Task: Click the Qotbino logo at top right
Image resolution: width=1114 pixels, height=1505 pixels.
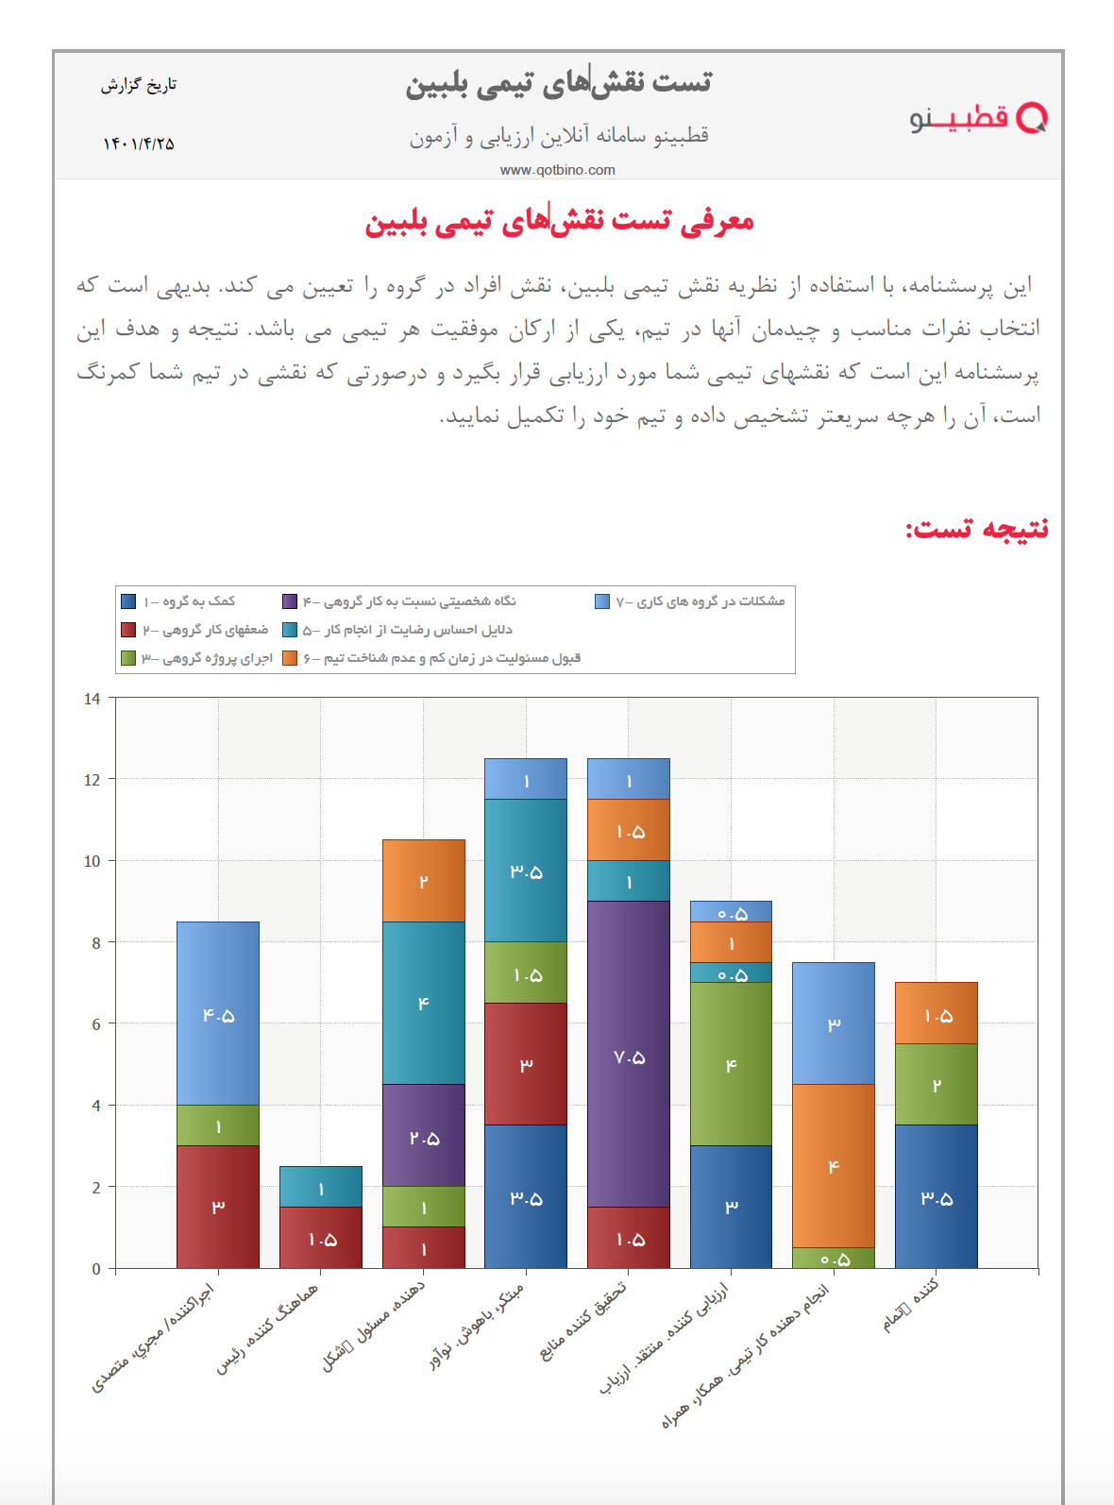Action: pos(978,118)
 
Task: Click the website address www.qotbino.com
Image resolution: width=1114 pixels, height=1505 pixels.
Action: pos(557,170)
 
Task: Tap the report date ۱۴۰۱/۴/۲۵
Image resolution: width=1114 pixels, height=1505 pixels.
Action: pos(139,144)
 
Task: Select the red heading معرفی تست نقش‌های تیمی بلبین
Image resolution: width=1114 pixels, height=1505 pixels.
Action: pos(559,222)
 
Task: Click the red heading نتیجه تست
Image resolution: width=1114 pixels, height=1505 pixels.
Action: pos(977,528)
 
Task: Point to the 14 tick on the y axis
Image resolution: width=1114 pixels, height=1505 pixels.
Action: pos(93,699)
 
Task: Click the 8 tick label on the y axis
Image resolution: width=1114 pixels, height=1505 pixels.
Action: pos(95,942)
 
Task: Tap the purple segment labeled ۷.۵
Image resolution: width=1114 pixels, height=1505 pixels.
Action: pos(629,1056)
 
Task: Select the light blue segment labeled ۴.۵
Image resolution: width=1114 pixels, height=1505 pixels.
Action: pos(218,1014)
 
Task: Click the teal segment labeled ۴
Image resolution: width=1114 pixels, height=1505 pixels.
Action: pos(424,1003)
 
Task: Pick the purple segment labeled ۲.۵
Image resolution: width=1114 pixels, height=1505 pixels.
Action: pos(424,1136)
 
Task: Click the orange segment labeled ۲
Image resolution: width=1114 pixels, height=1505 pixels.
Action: pos(424,881)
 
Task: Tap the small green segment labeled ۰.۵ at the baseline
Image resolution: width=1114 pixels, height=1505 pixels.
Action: pos(834,1259)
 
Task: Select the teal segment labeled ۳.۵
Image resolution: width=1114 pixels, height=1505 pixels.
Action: pos(526,871)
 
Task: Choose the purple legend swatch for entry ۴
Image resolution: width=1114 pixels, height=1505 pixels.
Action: pos(290,601)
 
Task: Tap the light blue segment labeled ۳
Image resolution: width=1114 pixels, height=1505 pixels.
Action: pos(834,1023)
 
